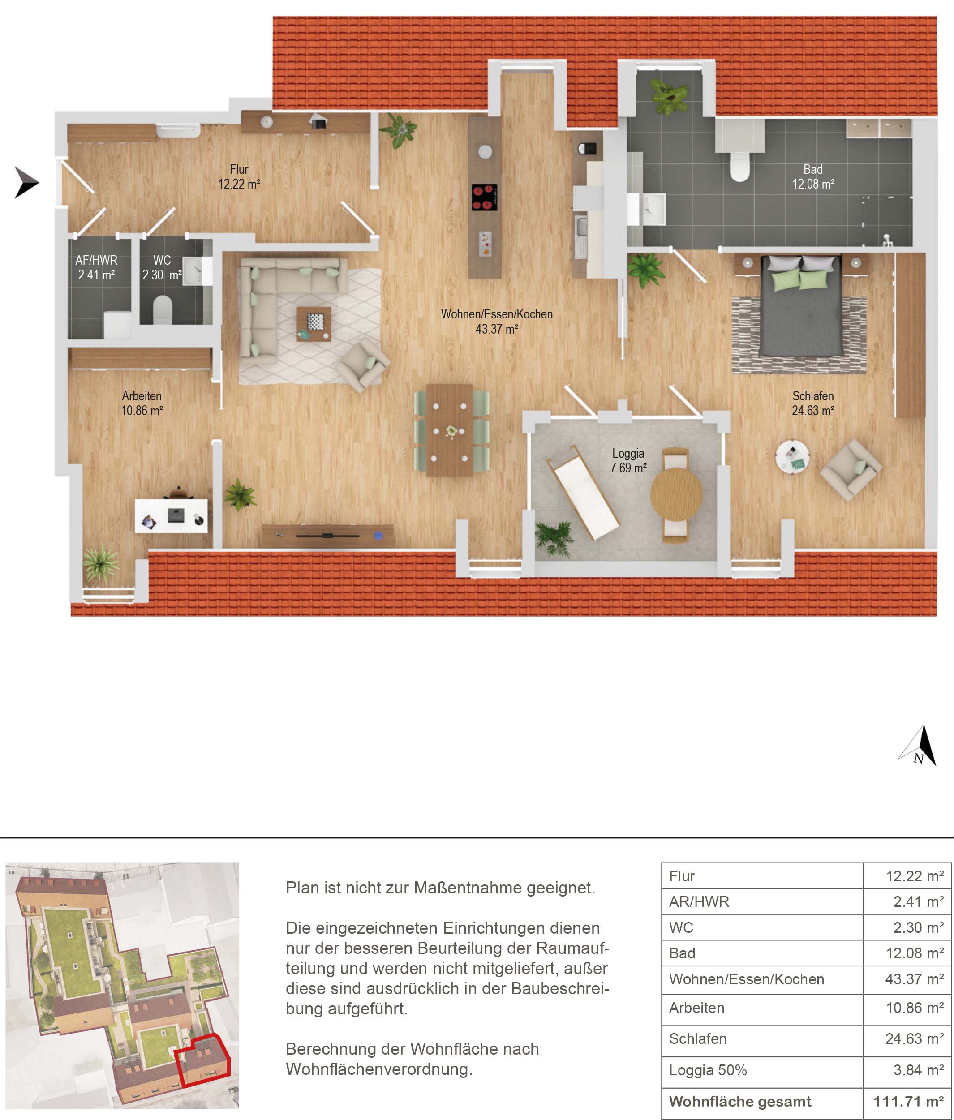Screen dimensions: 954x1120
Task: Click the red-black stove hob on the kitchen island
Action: click(x=484, y=197)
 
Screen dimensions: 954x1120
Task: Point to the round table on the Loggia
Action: click(x=676, y=493)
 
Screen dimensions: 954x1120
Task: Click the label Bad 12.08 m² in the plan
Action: click(x=813, y=177)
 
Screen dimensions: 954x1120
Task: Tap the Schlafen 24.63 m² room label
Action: click(x=813, y=403)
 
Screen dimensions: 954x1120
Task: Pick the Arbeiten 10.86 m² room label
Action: click(x=142, y=403)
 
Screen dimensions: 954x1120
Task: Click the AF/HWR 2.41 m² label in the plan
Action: click(x=96, y=267)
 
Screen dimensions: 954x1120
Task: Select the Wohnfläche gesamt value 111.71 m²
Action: click(x=908, y=1102)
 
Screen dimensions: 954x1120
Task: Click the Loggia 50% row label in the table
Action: click(x=708, y=1070)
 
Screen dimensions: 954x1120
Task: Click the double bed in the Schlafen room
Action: click(x=800, y=306)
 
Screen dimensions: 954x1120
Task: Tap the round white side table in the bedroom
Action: click(x=792, y=456)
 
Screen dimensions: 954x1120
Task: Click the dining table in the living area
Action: click(x=449, y=430)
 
